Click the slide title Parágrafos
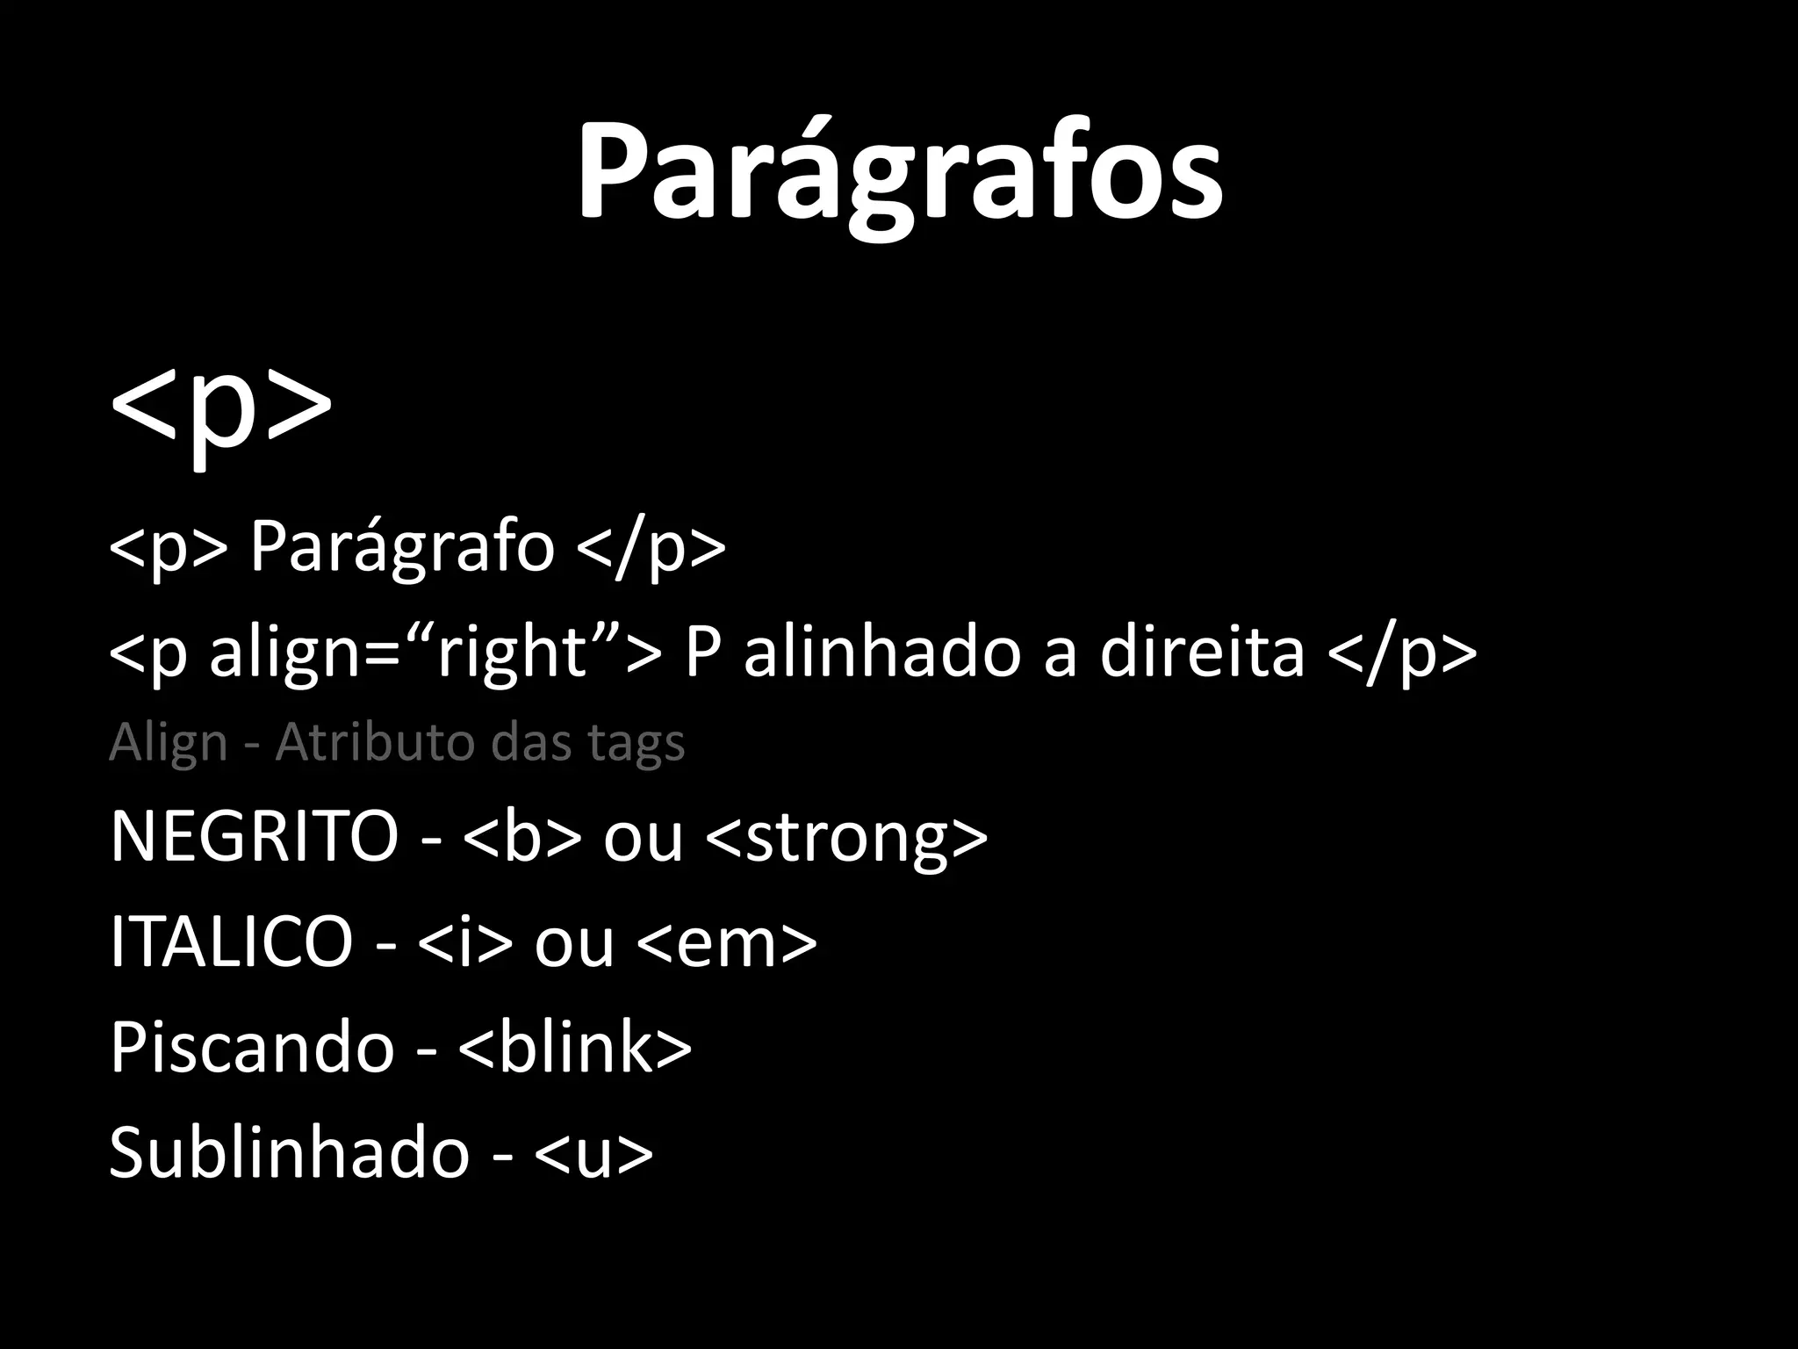pyautogui.click(x=899, y=171)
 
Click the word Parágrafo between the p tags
pyautogui.click(x=402, y=547)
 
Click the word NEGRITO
pyautogui.click(x=254, y=835)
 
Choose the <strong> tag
pyautogui.click(x=846, y=837)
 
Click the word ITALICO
pyautogui.click(x=231, y=941)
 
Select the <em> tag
pyautogui.click(x=727, y=942)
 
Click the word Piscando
pyautogui.click(x=252, y=1047)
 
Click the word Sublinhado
pyautogui.click(x=289, y=1152)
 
